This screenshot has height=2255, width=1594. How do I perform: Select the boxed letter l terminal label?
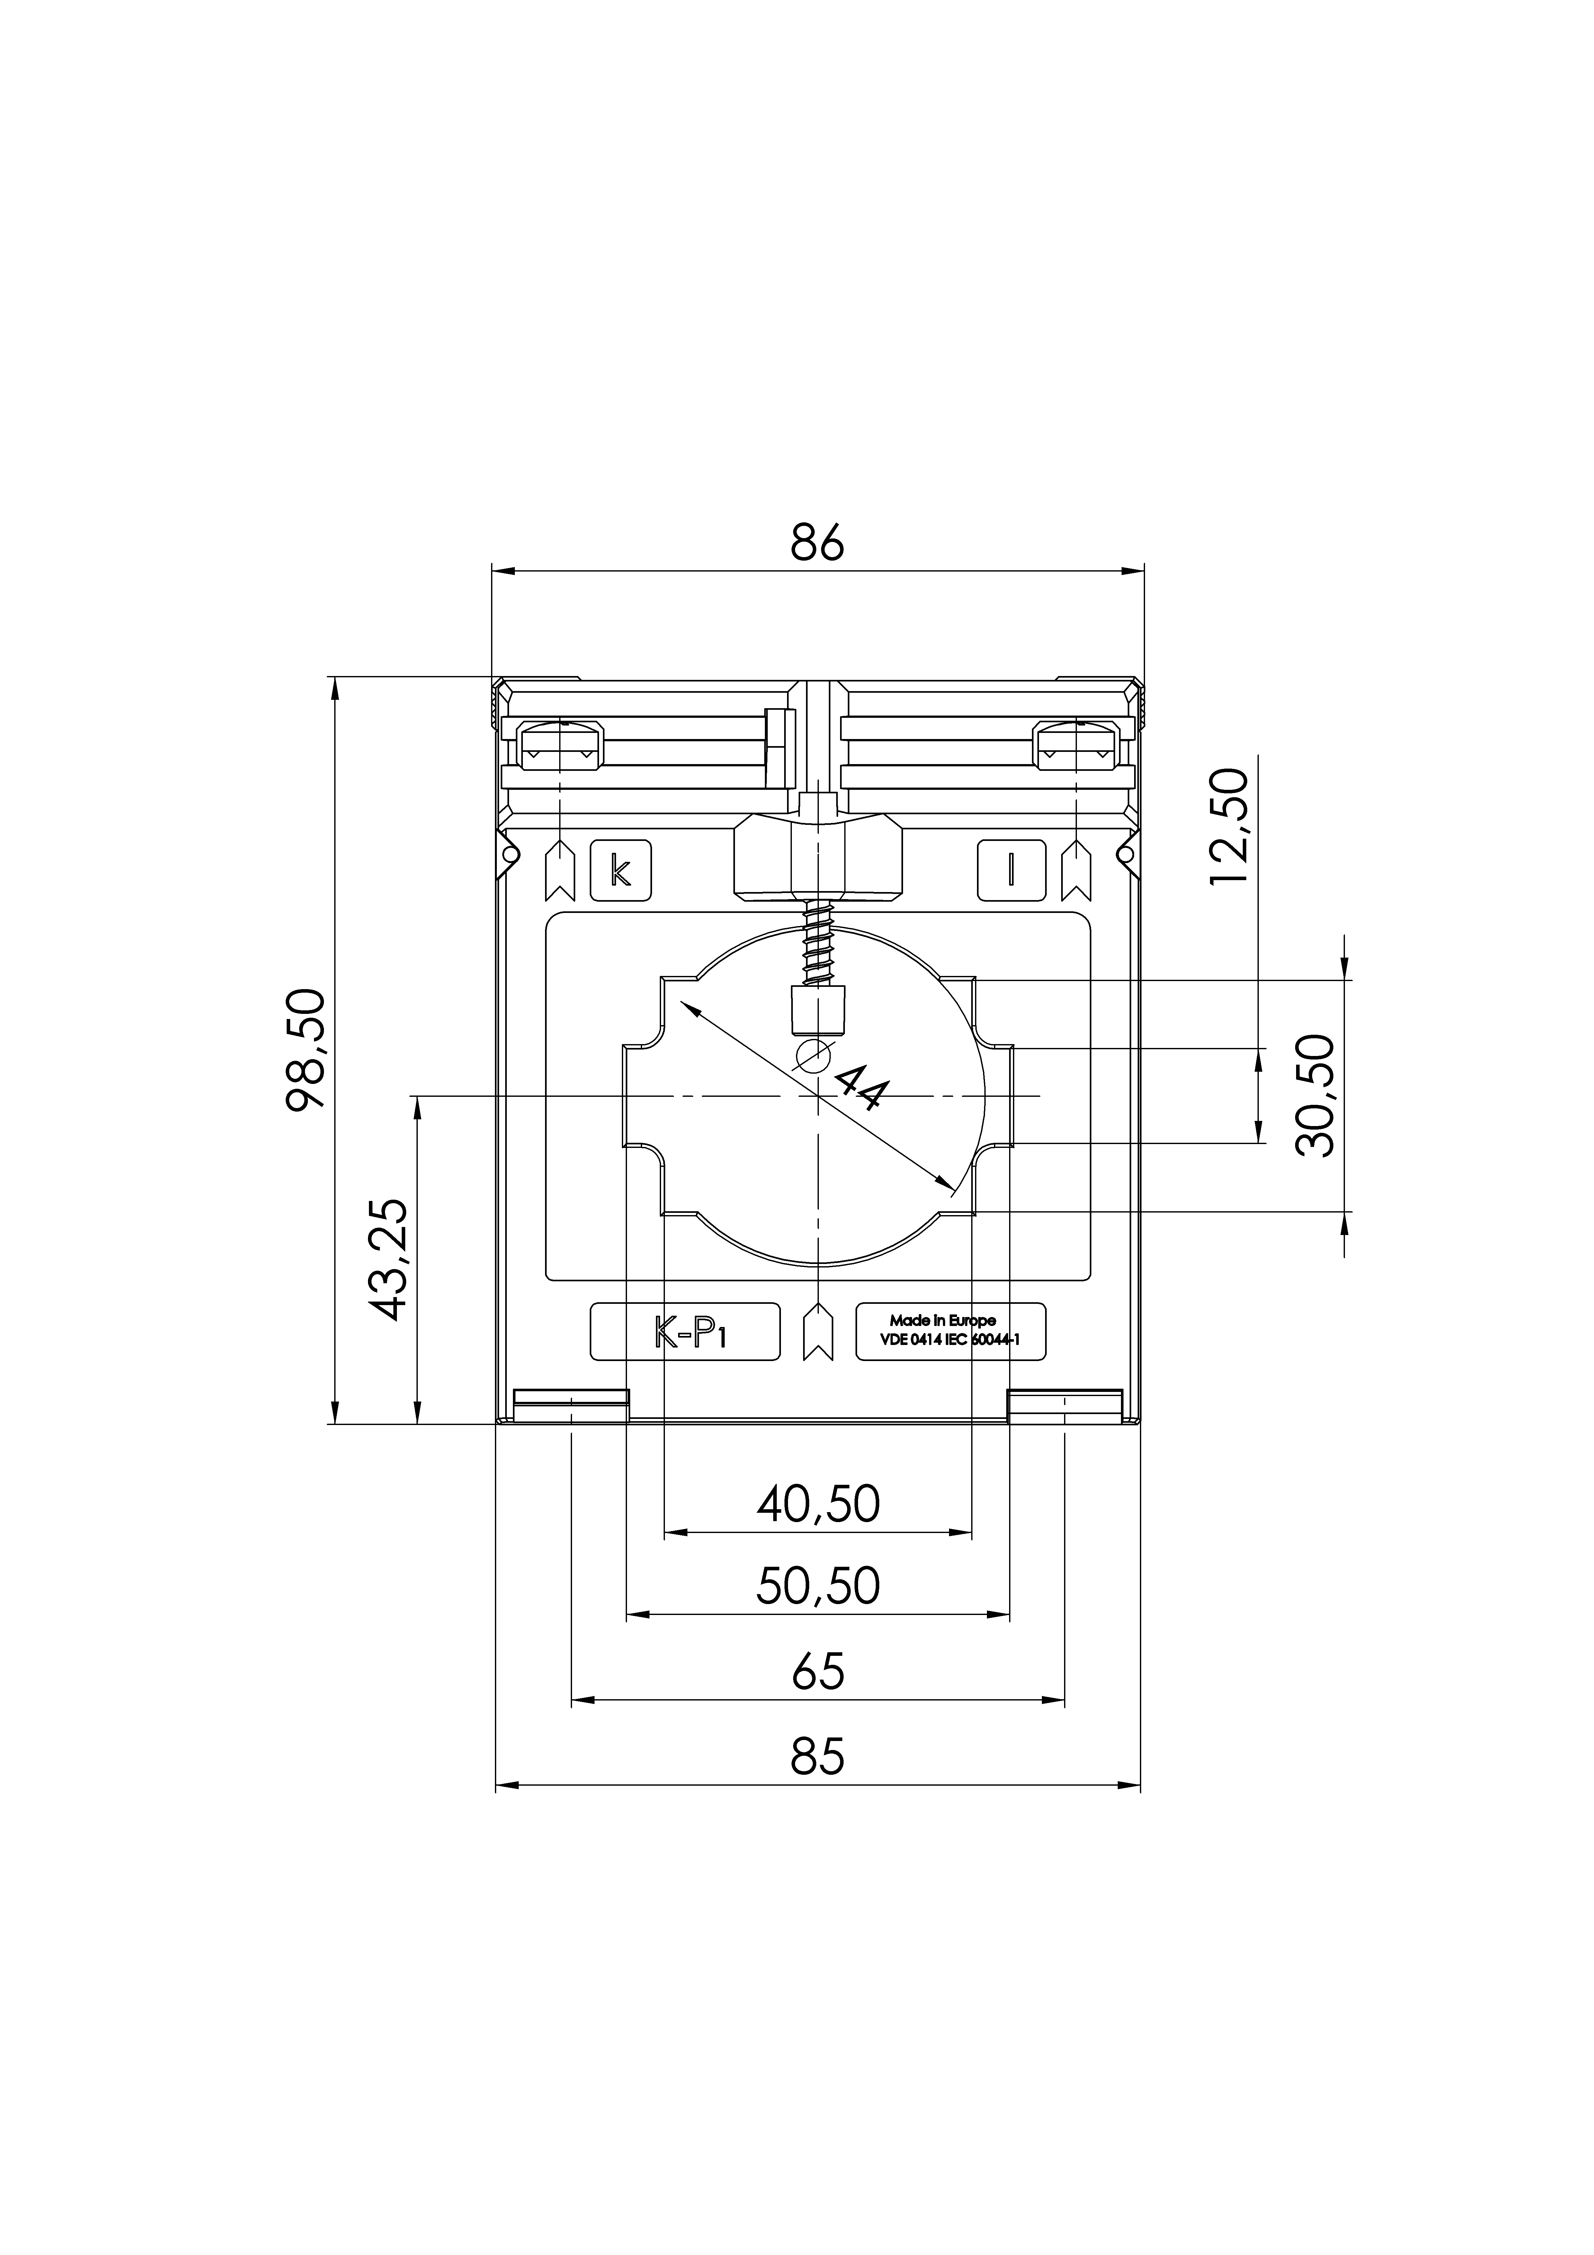(x=1011, y=870)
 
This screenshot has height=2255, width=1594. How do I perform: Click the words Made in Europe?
(x=942, y=1321)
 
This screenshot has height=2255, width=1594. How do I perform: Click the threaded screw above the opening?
(x=817, y=945)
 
